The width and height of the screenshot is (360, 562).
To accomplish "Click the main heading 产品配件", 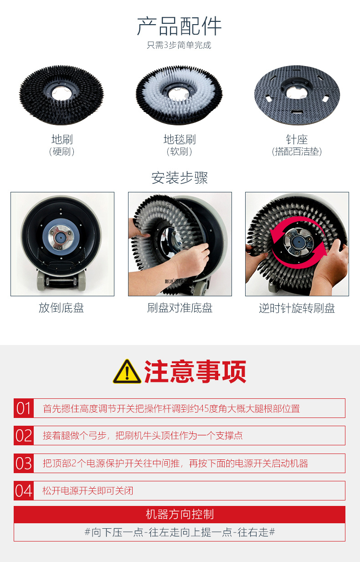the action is click(x=179, y=26).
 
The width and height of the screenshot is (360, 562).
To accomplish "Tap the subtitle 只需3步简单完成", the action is click(x=179, y=45).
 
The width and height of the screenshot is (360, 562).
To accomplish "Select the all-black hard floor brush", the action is click(x=62, y=95).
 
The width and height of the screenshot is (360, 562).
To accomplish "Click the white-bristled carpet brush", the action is click(x=179, y=95).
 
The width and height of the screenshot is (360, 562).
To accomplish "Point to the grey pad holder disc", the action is click(x=297, y=94).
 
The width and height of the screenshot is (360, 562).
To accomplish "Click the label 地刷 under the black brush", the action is click(x=62, y=139).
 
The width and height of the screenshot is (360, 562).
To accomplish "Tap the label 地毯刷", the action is click(x=180, y=139).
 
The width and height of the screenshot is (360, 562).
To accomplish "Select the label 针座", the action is click(x=297, y=139).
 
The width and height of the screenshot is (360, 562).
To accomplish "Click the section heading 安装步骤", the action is click(x=180, y=178).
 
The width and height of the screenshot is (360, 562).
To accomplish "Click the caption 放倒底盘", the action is click(x=62, y=308).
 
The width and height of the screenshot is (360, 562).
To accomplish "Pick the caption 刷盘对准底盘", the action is click(x=180, y=308).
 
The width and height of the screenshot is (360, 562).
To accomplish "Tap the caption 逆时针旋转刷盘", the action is click(x=297, y=308).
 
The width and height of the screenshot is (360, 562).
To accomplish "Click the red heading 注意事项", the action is click(x=195, y=371).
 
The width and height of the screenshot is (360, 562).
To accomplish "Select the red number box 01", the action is click(x=24, y=408).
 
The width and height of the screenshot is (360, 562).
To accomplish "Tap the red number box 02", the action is click(x=24, y=436).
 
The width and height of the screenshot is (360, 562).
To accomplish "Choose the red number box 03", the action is click(x=24, y=463).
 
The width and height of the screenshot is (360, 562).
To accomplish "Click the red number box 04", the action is click(x=24, y=491).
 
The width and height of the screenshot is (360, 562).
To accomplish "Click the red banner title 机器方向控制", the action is click(x=180, y=514).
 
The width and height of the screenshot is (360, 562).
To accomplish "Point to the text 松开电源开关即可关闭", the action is click(x=88, y=491).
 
